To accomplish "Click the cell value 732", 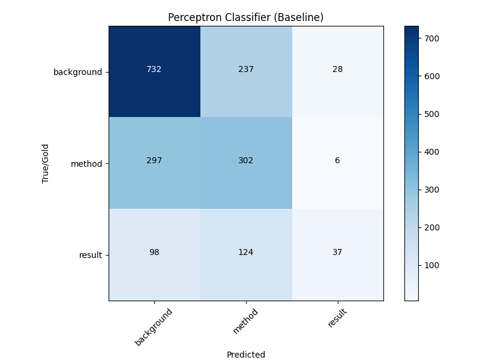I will coord(154,69).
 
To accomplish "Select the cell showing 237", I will coord(246,69).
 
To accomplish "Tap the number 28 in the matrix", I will coord(337,69).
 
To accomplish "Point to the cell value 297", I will coord(154,160).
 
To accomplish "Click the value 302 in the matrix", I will coord(246,160).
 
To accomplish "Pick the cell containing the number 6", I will coord(337,160).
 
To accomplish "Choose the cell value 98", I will coord(154,252).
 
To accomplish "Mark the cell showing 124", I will coord(246,252).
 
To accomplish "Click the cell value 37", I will coord(337,252).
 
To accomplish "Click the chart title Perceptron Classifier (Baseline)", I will coord(246,17).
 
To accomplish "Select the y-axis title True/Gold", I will coord(45,163).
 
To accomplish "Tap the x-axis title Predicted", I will coord(246,355).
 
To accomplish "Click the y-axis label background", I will coord(78,72).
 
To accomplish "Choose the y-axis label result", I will coord(91,255).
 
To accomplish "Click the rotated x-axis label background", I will coord(154,327).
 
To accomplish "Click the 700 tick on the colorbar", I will coord(433,38).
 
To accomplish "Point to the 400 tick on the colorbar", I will coord(433,152).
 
